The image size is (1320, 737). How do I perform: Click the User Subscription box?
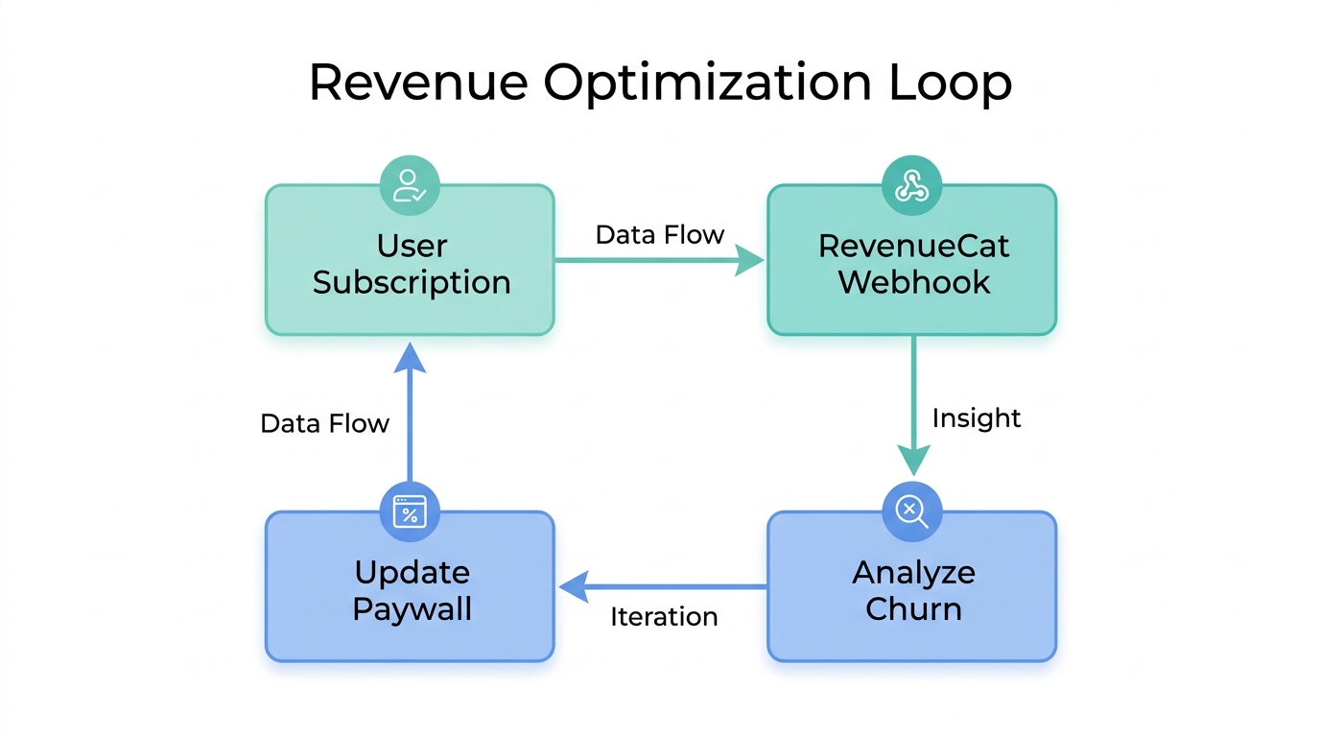[411, 264]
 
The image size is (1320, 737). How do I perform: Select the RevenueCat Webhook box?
[912, 264]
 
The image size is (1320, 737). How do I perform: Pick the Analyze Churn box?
[912, 590]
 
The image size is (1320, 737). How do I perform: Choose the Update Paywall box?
[411, 590]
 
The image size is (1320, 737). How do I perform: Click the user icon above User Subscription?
[410, 185]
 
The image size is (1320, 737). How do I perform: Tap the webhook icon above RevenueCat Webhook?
[911, 185]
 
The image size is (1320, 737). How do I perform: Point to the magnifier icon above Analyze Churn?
[911, 511]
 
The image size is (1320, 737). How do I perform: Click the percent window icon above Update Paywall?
[410, 511]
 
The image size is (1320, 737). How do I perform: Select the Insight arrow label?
[977, 418]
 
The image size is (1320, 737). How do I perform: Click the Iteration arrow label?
[664, 616]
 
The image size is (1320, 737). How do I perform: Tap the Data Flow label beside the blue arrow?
[324, 423]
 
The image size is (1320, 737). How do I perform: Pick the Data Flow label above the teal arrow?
[659, 235]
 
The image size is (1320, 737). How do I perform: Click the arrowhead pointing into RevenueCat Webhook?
[751, 260]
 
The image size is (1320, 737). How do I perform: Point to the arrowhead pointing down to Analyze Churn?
[912, 461]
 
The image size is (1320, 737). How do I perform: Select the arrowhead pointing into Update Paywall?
[573, 586]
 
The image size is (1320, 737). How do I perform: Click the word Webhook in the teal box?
[913, 282]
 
